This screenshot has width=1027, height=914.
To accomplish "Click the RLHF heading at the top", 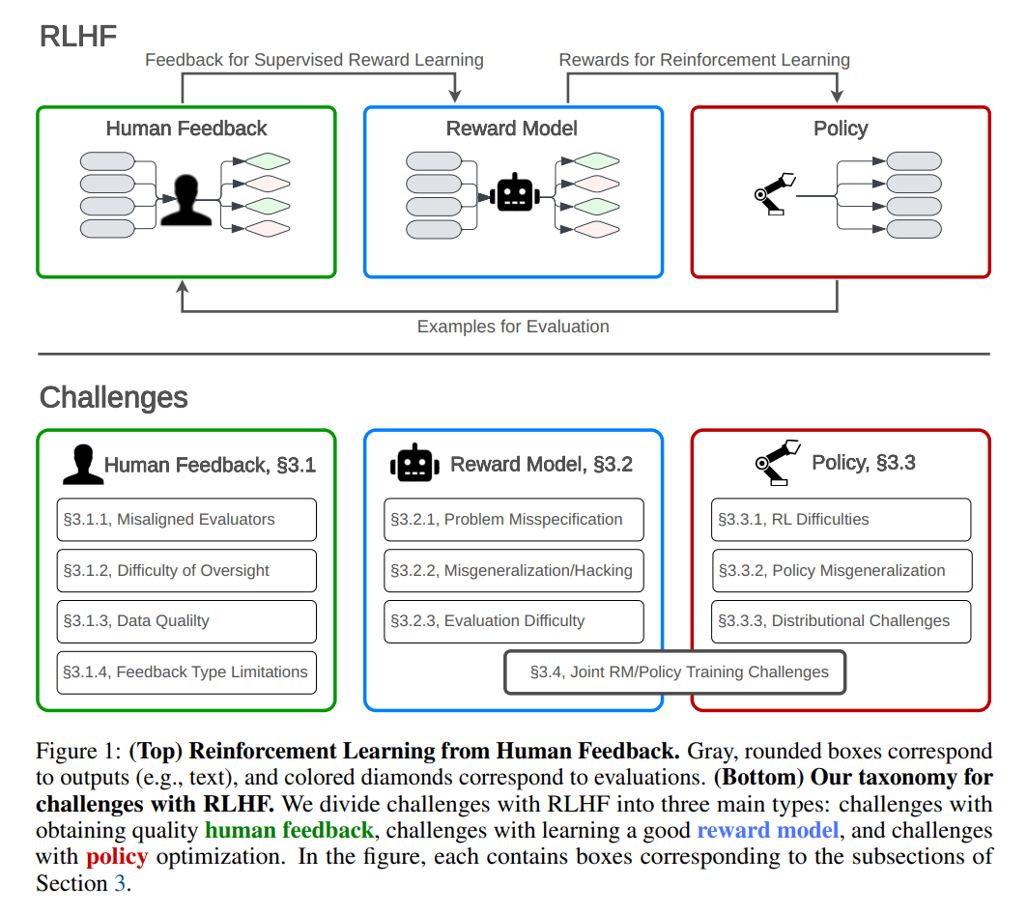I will pos(78,37).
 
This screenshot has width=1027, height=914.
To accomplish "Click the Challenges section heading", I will pos(114,397).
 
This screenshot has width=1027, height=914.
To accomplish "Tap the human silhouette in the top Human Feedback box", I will pos(186,200).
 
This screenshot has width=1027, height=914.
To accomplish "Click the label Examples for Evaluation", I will pos(513,327).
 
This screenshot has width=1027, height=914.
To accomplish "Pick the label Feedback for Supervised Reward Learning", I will pos(314,60).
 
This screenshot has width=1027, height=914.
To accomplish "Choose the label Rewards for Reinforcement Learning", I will pos(704,60).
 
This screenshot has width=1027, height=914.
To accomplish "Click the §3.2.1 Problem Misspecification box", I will pos(514,520).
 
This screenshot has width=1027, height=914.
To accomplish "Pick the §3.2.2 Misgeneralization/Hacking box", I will pos(514,571).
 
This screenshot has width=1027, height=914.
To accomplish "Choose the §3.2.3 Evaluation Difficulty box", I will pos(514,621).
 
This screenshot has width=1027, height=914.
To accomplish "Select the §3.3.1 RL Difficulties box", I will pos(842,520).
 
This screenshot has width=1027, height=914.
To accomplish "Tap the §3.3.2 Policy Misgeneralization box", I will pos(842,571).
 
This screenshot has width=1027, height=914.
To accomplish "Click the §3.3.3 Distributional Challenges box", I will pos(842,621).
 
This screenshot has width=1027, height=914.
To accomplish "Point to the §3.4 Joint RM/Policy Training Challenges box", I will pos(675,672).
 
